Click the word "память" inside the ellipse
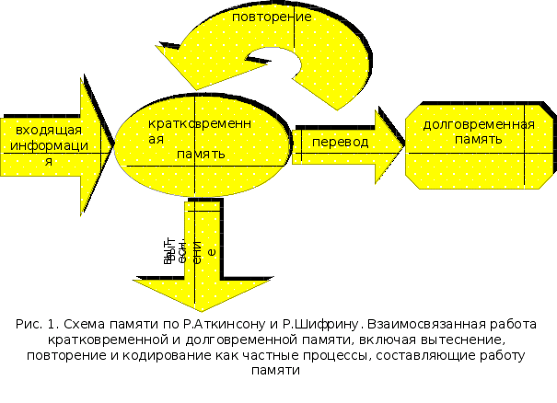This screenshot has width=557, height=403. click(x=202, y=154)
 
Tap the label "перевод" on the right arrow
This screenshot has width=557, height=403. click(x=340, y=142)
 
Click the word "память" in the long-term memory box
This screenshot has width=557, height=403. click(x=478, y=139)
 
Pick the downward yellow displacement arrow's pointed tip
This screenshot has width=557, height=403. click(x=194, y=308)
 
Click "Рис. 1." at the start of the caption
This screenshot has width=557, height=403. click(x=38, y=324)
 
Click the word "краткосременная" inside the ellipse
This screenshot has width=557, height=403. click(x=200, y=122)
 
